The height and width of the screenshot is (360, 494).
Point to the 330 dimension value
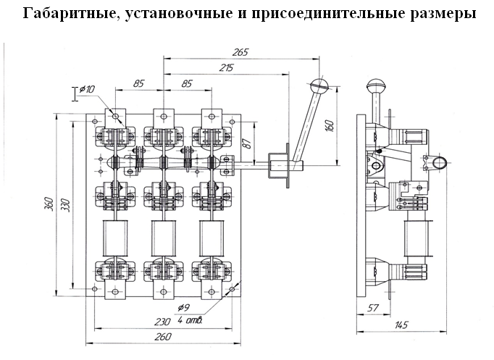click(64, 204)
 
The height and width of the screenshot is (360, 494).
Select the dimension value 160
click(330, 123)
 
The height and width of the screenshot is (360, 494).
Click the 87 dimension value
click(246, 143)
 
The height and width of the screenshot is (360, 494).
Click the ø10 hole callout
click(87, 89)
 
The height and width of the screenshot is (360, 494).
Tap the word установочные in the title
click(164, 14)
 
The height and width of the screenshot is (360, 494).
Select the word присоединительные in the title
click(314, 14)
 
